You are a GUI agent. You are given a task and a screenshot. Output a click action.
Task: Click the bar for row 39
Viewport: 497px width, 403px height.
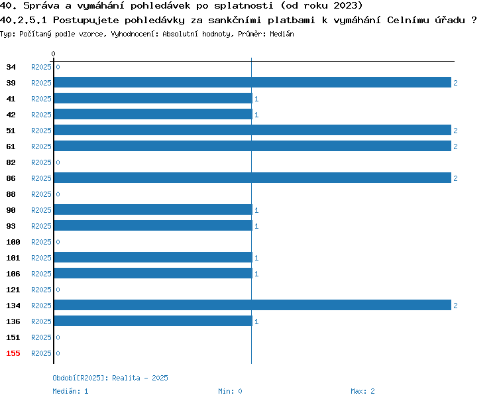[x=252, y=82]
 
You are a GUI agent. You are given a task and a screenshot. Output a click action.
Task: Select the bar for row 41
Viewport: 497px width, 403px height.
[x=154, y=98]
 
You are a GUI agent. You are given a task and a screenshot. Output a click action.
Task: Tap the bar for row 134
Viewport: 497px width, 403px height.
[x=252, y=305]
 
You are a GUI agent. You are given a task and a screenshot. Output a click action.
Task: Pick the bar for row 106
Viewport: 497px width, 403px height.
[x=154, y=273]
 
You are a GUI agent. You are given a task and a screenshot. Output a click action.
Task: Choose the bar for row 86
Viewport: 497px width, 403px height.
[x=252, y=178]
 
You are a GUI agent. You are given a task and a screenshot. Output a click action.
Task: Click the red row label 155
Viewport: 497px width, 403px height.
[x=13, y=353]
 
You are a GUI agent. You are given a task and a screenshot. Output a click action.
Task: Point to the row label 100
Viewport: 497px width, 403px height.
[x=13, y=242]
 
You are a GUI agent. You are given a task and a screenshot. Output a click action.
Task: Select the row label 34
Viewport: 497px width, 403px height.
[x=11, y=67]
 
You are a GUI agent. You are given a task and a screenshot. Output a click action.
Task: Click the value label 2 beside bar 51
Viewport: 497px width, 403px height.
[x=455, y=131]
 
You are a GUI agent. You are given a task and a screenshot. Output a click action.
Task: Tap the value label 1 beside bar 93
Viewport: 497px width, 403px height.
[x=256, y=226]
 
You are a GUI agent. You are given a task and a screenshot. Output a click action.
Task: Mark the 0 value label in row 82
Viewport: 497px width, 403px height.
[x=58, y=162]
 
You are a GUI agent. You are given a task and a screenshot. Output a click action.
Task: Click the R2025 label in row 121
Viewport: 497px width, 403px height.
[x=41, y=290]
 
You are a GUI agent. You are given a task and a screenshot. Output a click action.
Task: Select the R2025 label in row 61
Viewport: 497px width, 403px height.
[x=41, y=146]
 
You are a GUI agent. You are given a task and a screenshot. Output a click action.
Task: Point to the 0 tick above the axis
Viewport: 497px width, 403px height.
[x=53, y=54]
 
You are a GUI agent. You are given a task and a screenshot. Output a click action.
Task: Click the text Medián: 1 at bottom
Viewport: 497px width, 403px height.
[x=70, y=391]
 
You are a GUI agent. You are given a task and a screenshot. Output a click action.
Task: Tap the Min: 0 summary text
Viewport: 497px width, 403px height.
[x=230, y=391]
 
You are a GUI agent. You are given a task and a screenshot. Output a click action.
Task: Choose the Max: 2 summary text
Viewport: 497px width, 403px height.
[x=362, y=391]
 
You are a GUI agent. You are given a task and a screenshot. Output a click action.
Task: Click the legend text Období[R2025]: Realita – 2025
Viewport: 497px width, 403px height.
[x=110, y=378]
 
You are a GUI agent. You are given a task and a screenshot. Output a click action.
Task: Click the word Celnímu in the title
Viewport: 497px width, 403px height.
[x=408, y=20]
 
